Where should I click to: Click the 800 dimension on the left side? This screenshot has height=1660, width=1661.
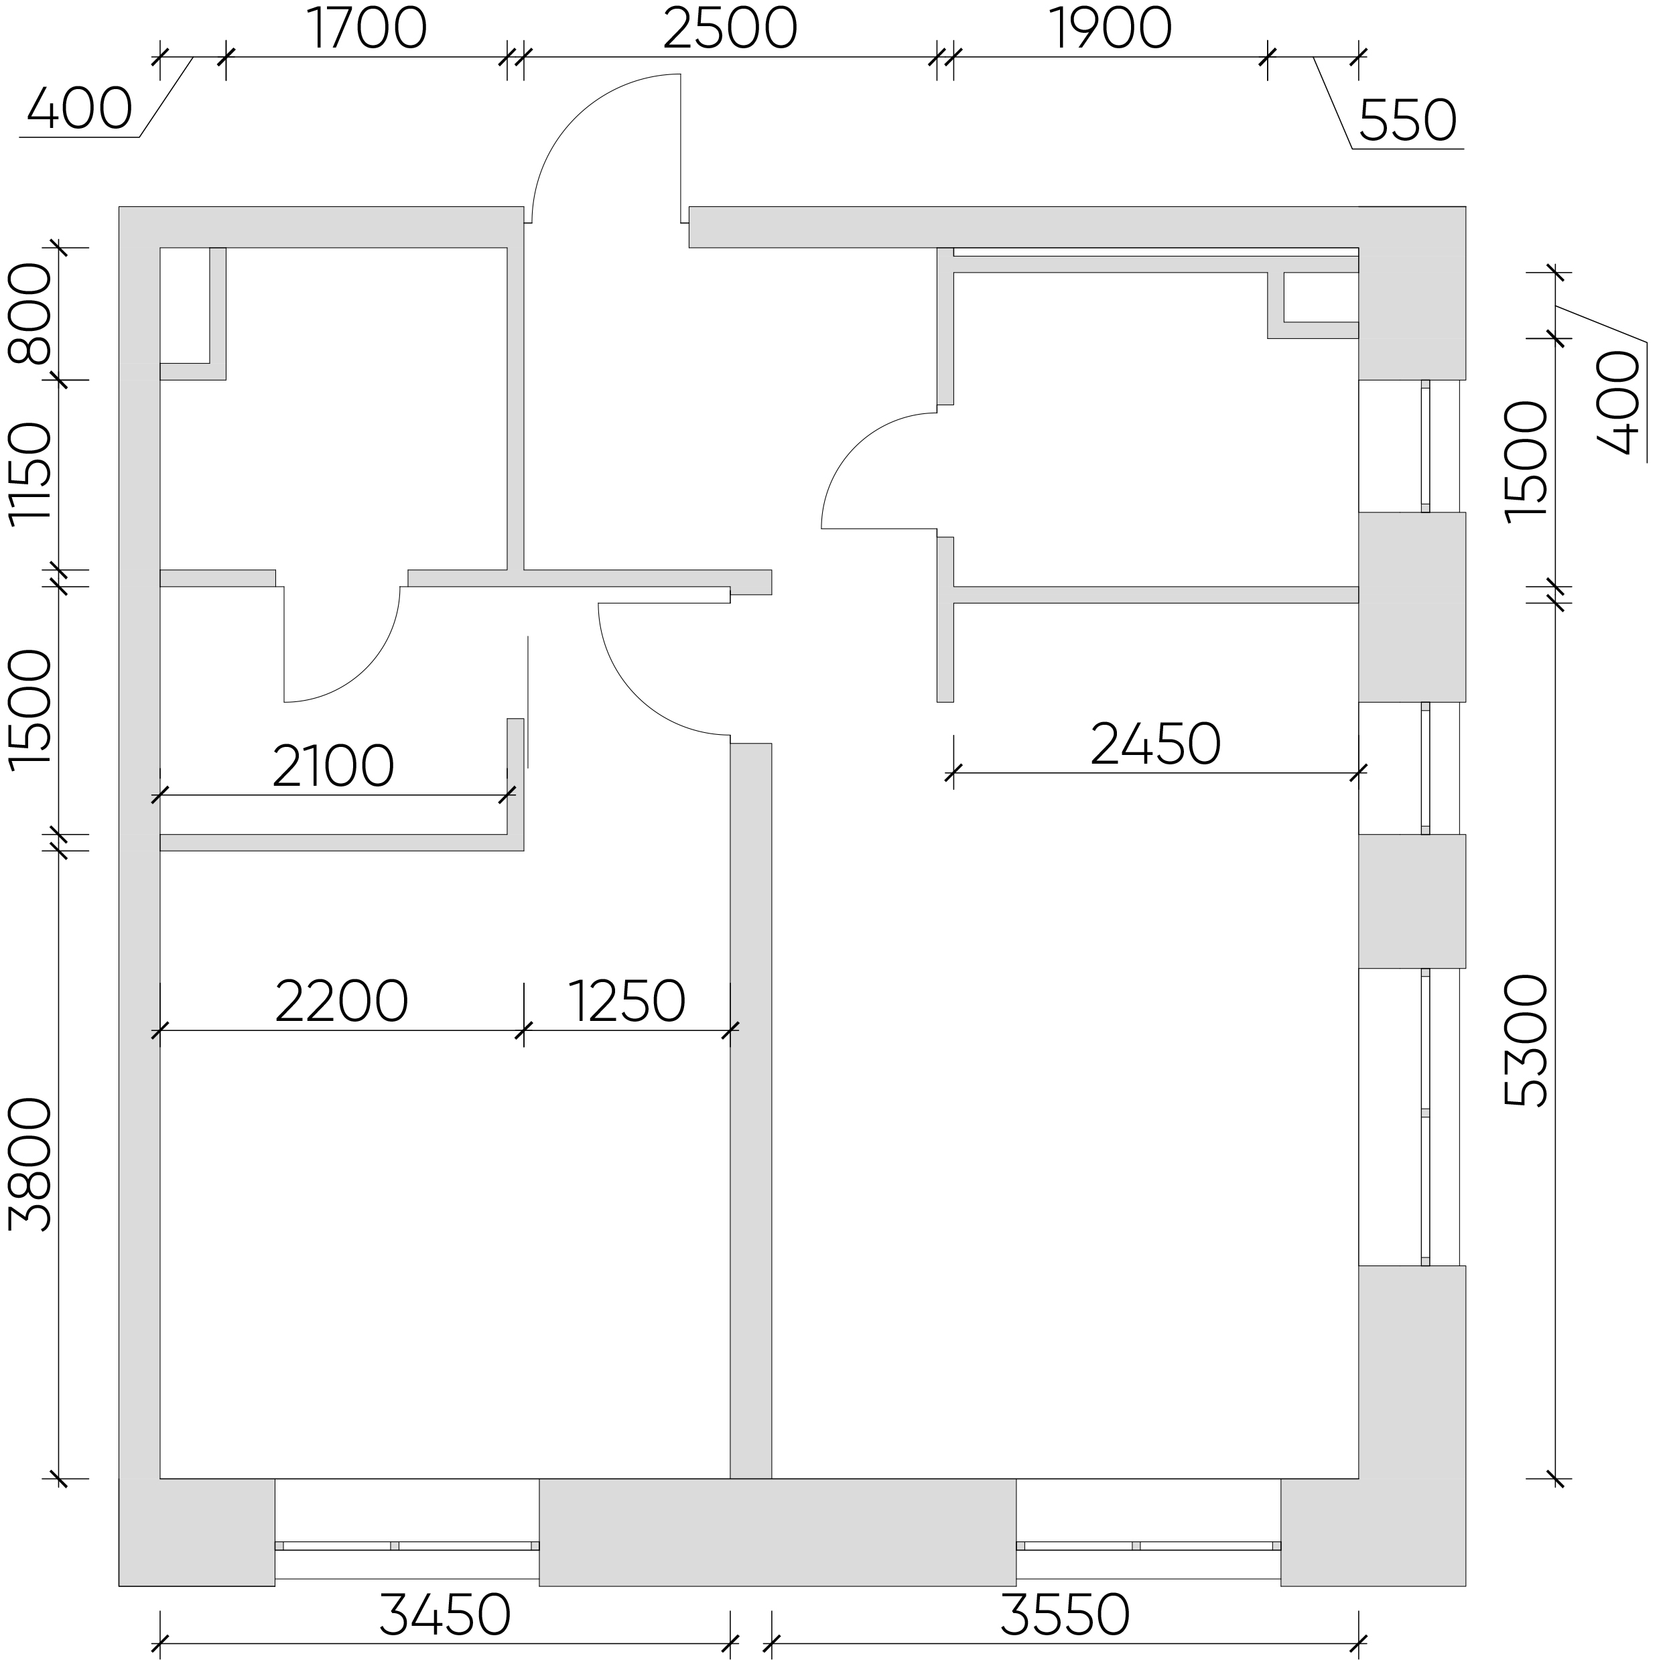pos(30,313)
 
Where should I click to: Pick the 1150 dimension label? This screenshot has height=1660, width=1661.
pos(30,474)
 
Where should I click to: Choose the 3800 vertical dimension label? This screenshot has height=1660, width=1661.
pos(30,1164)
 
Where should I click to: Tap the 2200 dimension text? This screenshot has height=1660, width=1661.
pos(341,1001)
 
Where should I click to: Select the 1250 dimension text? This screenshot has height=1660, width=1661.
pos(626,1001)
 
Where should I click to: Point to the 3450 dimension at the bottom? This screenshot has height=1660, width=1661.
pos(446,1616)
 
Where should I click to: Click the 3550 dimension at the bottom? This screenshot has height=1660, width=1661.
pos(1065,1616)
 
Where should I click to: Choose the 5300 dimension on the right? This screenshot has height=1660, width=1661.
pos(1526,1040)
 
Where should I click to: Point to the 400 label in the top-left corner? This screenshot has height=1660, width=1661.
pos(79,110)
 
